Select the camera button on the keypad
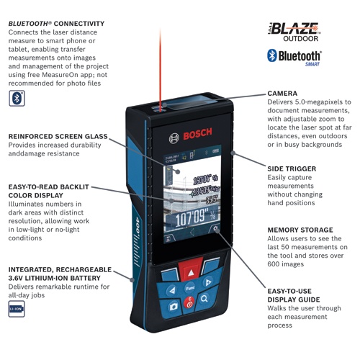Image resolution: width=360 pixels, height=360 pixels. click(x=174, y=306)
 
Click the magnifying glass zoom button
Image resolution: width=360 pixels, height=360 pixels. click(x=204, y=298)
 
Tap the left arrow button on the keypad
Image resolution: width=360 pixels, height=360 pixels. click(x=171, y=290)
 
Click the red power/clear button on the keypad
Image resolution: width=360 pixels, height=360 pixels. click(x=189, y=305)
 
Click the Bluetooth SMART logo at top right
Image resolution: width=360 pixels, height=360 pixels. click(x=296, y=57)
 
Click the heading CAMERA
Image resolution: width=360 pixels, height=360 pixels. click(x=283, y=94)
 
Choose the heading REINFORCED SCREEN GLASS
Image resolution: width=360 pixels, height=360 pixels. click(x=58, y=136)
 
